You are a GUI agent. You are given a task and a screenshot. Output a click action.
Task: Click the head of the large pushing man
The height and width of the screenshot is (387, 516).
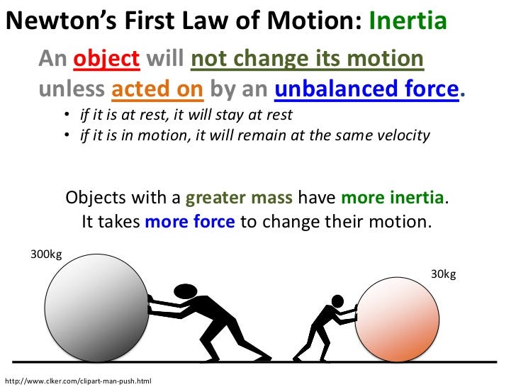coord(186,291)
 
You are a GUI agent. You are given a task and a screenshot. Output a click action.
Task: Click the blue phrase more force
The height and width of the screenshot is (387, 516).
coord(189,221)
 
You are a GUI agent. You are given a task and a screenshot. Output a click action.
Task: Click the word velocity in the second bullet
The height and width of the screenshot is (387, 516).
coord(403,135)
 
